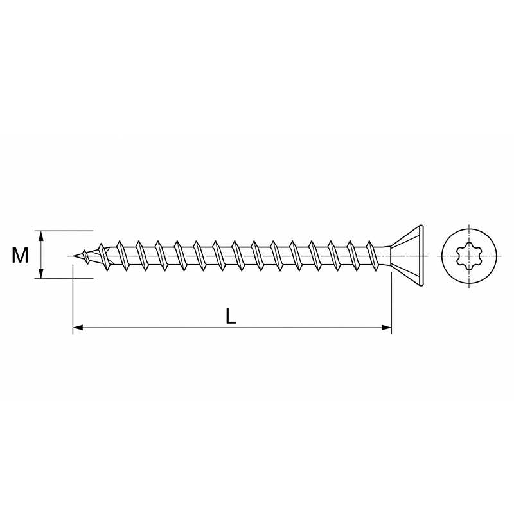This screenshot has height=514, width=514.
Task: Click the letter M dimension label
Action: (x=21, y=255)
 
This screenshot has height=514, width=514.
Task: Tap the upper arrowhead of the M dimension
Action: (x=41, y=236)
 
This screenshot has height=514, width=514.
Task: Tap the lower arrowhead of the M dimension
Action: (x=41, y=274)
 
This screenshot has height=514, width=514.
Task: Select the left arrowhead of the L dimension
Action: (x=78, y=328)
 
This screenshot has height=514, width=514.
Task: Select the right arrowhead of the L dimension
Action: (x=386, y=328)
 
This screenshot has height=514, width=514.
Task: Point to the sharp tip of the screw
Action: (x=73, y=256)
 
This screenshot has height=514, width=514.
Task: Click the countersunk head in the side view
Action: (x=407, y=256)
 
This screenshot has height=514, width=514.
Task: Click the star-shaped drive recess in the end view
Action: (x=470, y=256)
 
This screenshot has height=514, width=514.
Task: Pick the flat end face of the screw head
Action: (x=422, y=256)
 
